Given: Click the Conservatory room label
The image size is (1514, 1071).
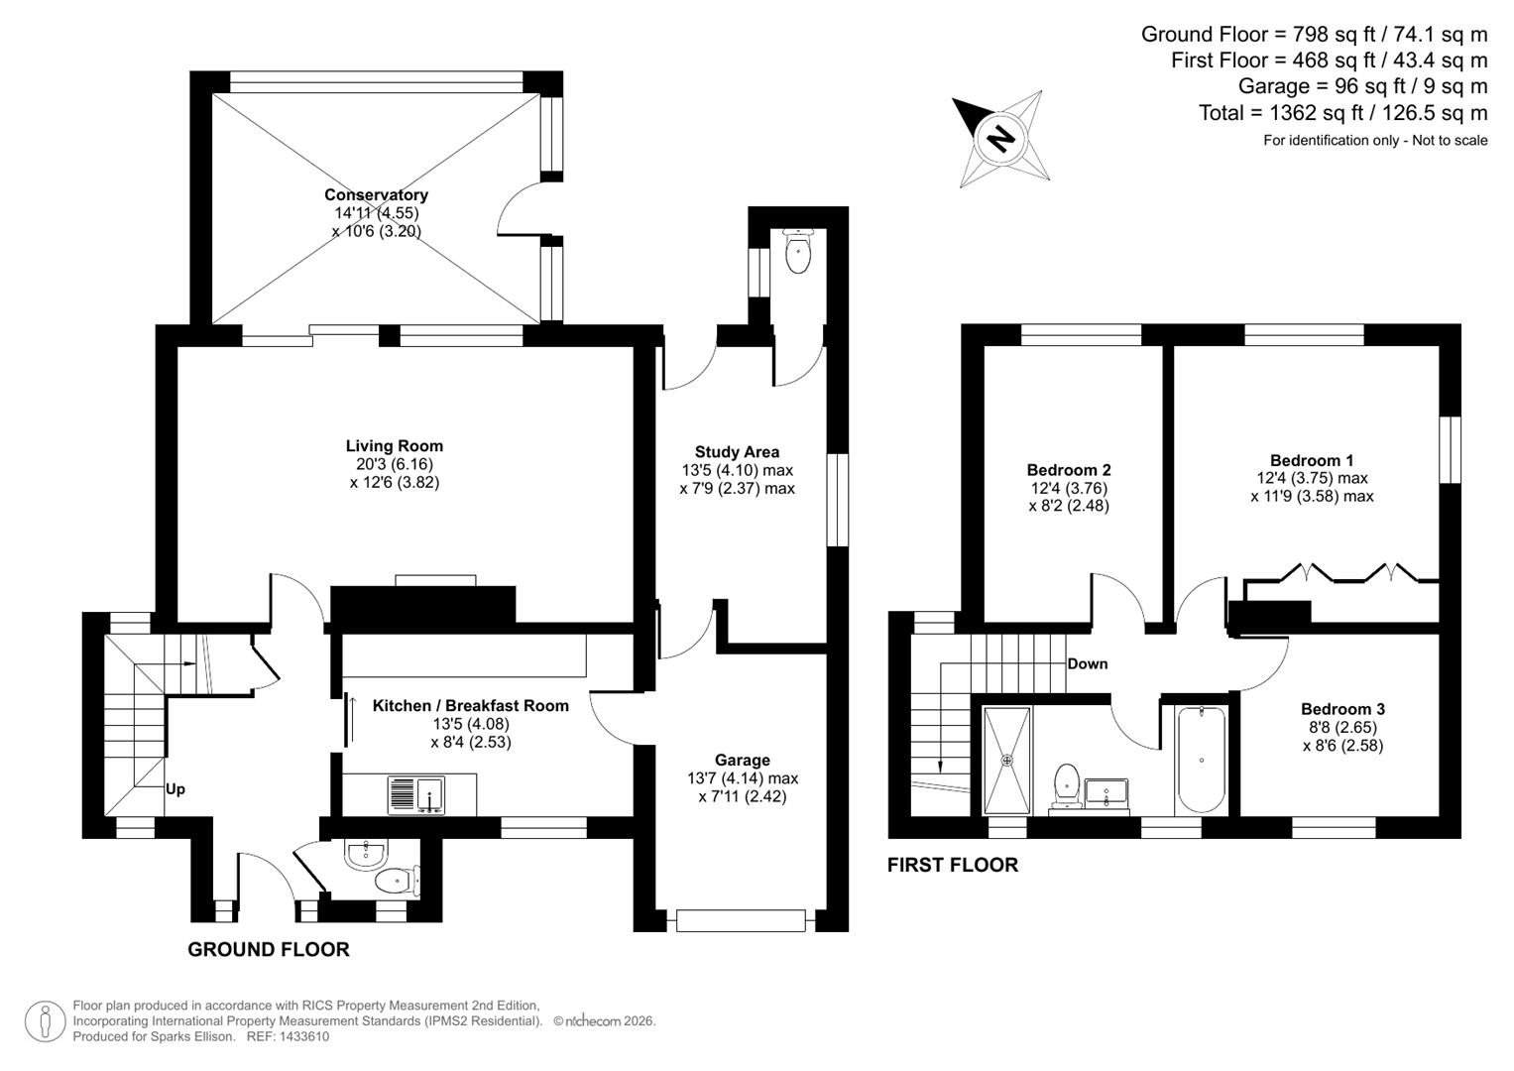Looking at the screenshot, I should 376,195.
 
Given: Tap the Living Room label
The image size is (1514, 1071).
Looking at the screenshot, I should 394,446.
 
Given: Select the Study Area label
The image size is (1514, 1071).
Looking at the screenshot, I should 737,452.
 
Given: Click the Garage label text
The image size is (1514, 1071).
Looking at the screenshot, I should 742,761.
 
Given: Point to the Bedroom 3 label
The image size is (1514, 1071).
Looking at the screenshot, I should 1342,709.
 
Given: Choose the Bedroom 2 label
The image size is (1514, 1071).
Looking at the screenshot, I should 1068,470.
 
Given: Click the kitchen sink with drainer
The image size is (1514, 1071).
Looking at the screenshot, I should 415,795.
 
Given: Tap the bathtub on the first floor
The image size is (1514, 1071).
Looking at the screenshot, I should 1201,760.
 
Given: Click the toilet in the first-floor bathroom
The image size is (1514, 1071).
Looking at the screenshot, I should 1067,782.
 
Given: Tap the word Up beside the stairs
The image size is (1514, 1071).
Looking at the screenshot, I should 175,789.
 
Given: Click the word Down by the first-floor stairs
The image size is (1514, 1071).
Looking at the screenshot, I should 1087,663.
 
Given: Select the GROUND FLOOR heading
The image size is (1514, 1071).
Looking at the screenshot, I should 268,949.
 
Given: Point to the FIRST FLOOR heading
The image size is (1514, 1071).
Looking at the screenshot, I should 952,865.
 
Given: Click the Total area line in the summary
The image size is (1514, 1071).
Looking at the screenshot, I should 1342,113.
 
